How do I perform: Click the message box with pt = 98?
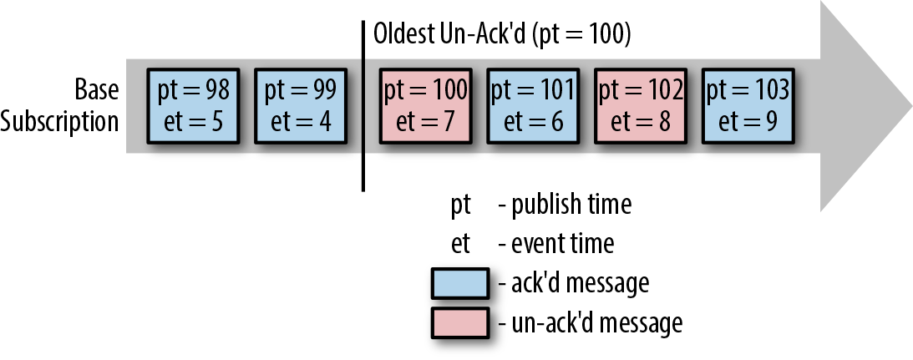[x=193, y=106]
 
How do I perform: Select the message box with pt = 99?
[x=301, y=106]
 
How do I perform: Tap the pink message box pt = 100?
[x=426, y=106]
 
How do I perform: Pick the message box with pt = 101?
[x=533, y=106]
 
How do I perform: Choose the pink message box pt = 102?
[x=641, y=106]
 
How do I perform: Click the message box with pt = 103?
[x=748, y=106]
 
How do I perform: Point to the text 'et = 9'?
[x=748, y=122]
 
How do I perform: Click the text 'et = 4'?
[x=301, y=122]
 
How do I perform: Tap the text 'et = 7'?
[x=426, y=122]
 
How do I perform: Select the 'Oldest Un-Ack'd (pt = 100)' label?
[x=502, y=35]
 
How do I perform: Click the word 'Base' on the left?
[x=97, y=89]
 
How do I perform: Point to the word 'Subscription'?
[x=59, y=122]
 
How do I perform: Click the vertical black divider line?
[x=363, y=106]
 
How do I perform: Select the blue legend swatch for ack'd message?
[x=460, y=284]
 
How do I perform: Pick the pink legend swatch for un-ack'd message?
[x=460, y=322]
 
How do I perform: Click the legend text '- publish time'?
[x=565, y=205]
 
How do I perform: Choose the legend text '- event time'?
[x=556, y=244]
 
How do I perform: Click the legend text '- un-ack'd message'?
[x=591, y=322]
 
